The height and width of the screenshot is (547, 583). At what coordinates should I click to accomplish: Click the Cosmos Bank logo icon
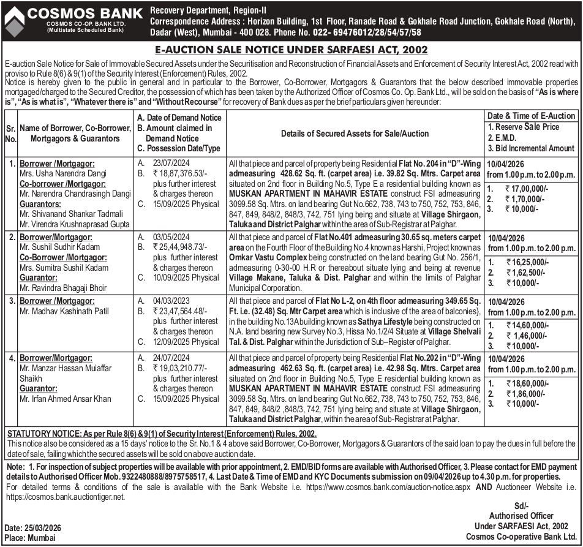[14, 20]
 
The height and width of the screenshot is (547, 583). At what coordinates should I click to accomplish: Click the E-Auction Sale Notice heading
[291, 50]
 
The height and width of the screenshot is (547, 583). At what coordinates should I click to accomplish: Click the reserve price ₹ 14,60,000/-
[527, 325]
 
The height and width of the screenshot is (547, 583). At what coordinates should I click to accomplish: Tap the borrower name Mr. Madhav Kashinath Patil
[64, 311]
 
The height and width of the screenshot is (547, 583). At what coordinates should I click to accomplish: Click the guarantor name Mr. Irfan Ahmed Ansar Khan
[65, 399]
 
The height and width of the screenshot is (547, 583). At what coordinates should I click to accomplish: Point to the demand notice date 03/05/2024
[173, 236]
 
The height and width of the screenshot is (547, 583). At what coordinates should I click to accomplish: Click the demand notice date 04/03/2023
[173, 301]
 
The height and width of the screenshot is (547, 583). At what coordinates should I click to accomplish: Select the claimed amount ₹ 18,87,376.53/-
[181, 173]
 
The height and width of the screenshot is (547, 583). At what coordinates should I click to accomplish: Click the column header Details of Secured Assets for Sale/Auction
[355, 134]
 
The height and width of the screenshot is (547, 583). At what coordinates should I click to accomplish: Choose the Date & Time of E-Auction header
[531, 116]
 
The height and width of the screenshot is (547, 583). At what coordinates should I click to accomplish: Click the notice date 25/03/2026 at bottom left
[42, 528]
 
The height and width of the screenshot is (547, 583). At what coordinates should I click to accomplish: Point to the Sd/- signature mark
[521, 505]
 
